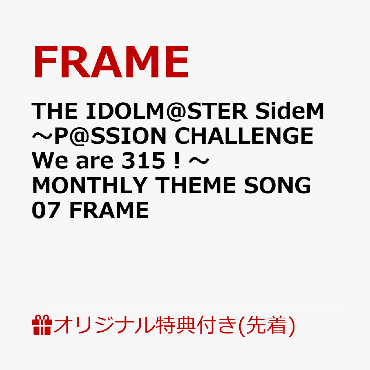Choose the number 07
pos(45,210)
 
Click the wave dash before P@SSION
pos(41,136)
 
